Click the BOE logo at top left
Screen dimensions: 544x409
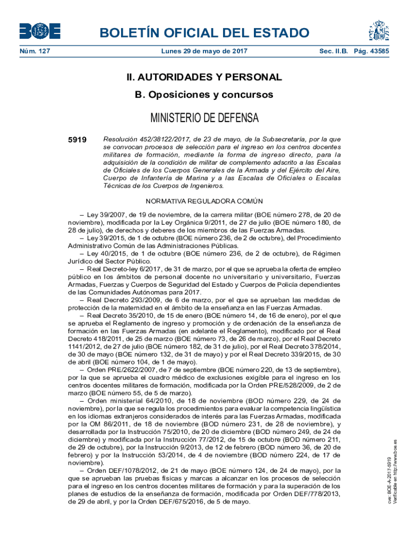[40, 31]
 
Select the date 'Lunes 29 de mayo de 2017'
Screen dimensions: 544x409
[204, 52]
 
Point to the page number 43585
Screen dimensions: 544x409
[378, 52]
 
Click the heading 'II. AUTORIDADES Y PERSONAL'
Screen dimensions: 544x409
[204, 78]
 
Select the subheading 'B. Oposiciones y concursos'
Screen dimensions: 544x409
[204, 95]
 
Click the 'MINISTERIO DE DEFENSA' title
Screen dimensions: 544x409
[204, 117]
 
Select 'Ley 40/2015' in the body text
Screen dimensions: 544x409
[106, 253]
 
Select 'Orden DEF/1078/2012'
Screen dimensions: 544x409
[121, 470]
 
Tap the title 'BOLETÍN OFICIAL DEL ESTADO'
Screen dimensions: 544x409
[204, 33]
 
